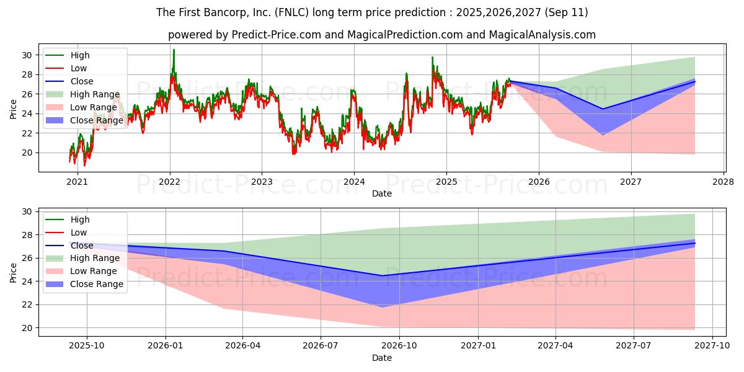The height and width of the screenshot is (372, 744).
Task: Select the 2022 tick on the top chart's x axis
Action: [x=169, y=182]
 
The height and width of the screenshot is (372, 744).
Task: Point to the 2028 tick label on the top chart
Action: [x=724, y=182]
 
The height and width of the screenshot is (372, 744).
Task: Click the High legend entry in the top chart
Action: [x=80, y=56]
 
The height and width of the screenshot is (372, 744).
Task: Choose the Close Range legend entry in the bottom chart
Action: [x=97, y=284]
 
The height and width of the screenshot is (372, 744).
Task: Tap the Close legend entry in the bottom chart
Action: [x=82, y=246]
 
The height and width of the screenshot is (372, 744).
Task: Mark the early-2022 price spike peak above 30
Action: [x=174, y=50]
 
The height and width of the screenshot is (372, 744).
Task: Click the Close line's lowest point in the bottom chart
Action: [x=382, y=276]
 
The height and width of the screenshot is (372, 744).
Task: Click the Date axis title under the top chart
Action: [x=381, y=193]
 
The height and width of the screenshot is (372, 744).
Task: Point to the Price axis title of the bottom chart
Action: [x=14, y=271]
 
